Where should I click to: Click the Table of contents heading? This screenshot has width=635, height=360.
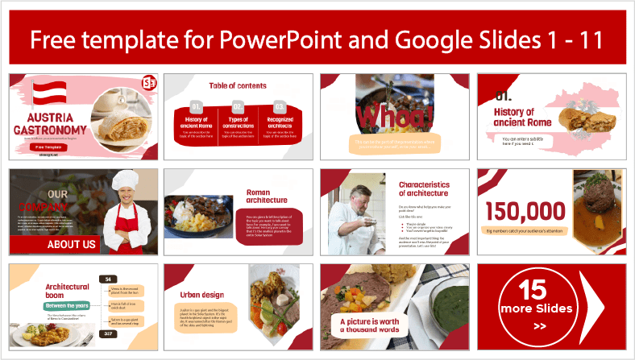[x=237, y=85]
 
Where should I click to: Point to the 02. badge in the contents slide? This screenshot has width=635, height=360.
[x=238, y=106]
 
